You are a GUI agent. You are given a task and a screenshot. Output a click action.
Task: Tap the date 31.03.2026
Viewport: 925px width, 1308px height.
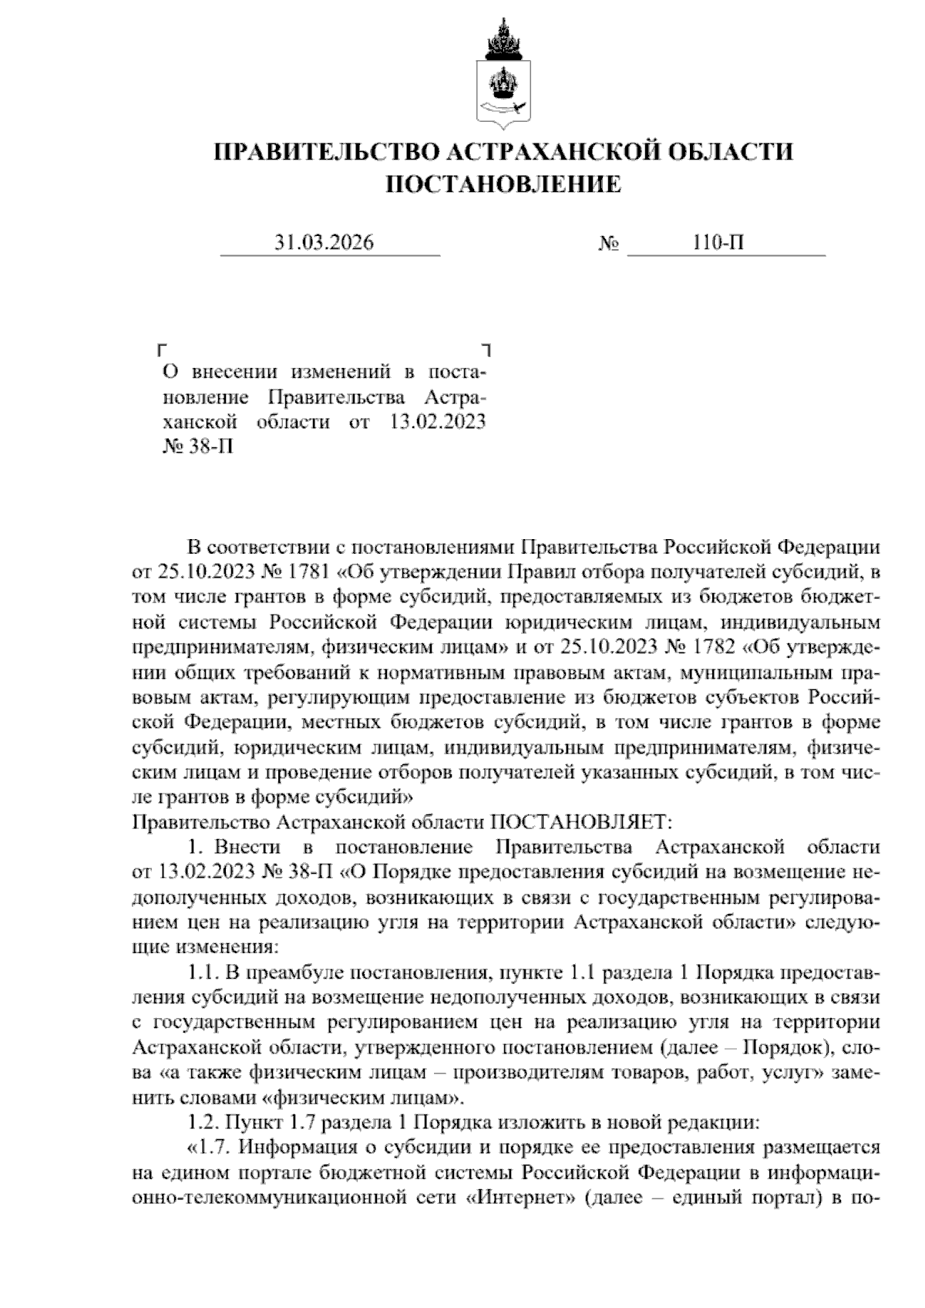[x=325, y=243]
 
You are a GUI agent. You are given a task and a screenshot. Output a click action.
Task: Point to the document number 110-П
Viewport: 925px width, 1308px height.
[x=718, y=243]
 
